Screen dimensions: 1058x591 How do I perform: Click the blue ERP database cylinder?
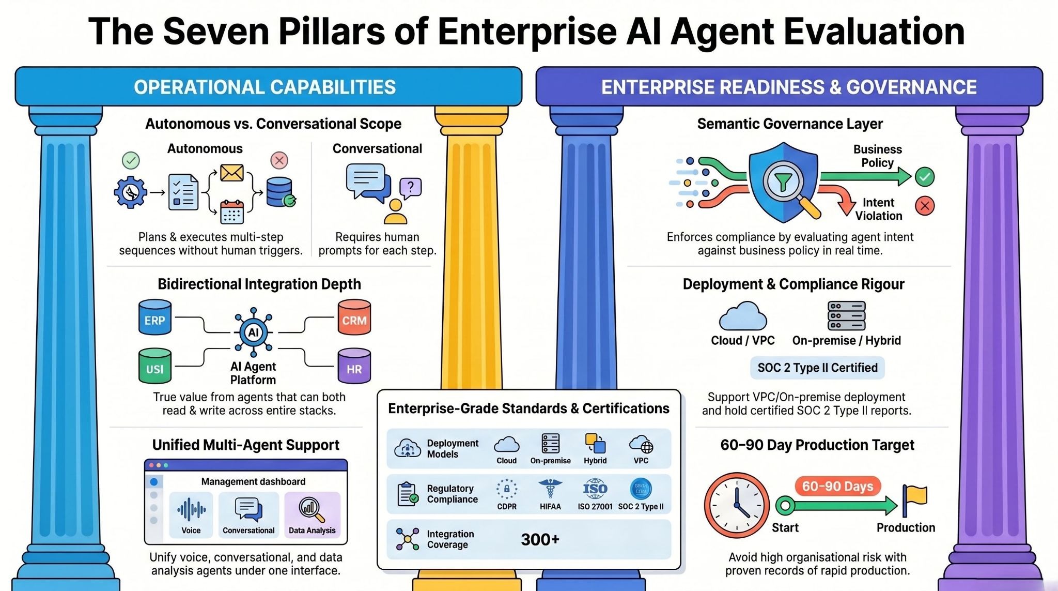pyautogui.click(x=155, y=317)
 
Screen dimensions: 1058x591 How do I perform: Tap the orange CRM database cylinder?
pyautogui.click(x=354, y=317)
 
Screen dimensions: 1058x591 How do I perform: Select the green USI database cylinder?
pyautogui.click(x=155, y=366)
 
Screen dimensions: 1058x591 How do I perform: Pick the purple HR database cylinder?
pyautogui.click(x=354, y=366)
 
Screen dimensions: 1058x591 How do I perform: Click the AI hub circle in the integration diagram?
pyautogui.click(x=253, y=332)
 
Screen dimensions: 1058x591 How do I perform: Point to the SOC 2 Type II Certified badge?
pyautogui.click(x=817, y=368)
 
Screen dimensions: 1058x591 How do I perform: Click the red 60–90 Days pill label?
pyautogui.click(x=837, y=486)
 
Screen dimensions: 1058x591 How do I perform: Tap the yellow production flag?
pyautogui.click(x=914, y=500)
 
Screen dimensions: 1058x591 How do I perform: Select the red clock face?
pyautogui.click(x=737, y=505)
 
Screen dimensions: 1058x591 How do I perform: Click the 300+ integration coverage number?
pyautogui.click(x=540, y=539)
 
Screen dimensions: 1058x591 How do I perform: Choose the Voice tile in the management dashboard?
pyautogui.click(x=191, y=515)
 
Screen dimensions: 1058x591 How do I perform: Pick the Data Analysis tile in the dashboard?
pyautogui.click(x=312, y=515)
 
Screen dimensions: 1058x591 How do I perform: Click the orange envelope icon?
pyautogui.click(x=232, y=173)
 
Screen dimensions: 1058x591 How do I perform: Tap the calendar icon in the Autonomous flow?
pyautogui.click(x=232, y=212)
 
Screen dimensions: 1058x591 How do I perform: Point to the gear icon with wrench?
pyautogui.click(x=130, y=192)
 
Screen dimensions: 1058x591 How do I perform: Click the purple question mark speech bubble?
pyautogui.click(x=411, y=188)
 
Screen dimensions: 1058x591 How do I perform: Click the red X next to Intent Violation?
pyautogui.click(x=925, y=206)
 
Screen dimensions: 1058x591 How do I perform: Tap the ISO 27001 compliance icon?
pyautogui.click(x=595, y=488)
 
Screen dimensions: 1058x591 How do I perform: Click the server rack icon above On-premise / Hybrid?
pyautogui.click(x=846, y=315)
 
